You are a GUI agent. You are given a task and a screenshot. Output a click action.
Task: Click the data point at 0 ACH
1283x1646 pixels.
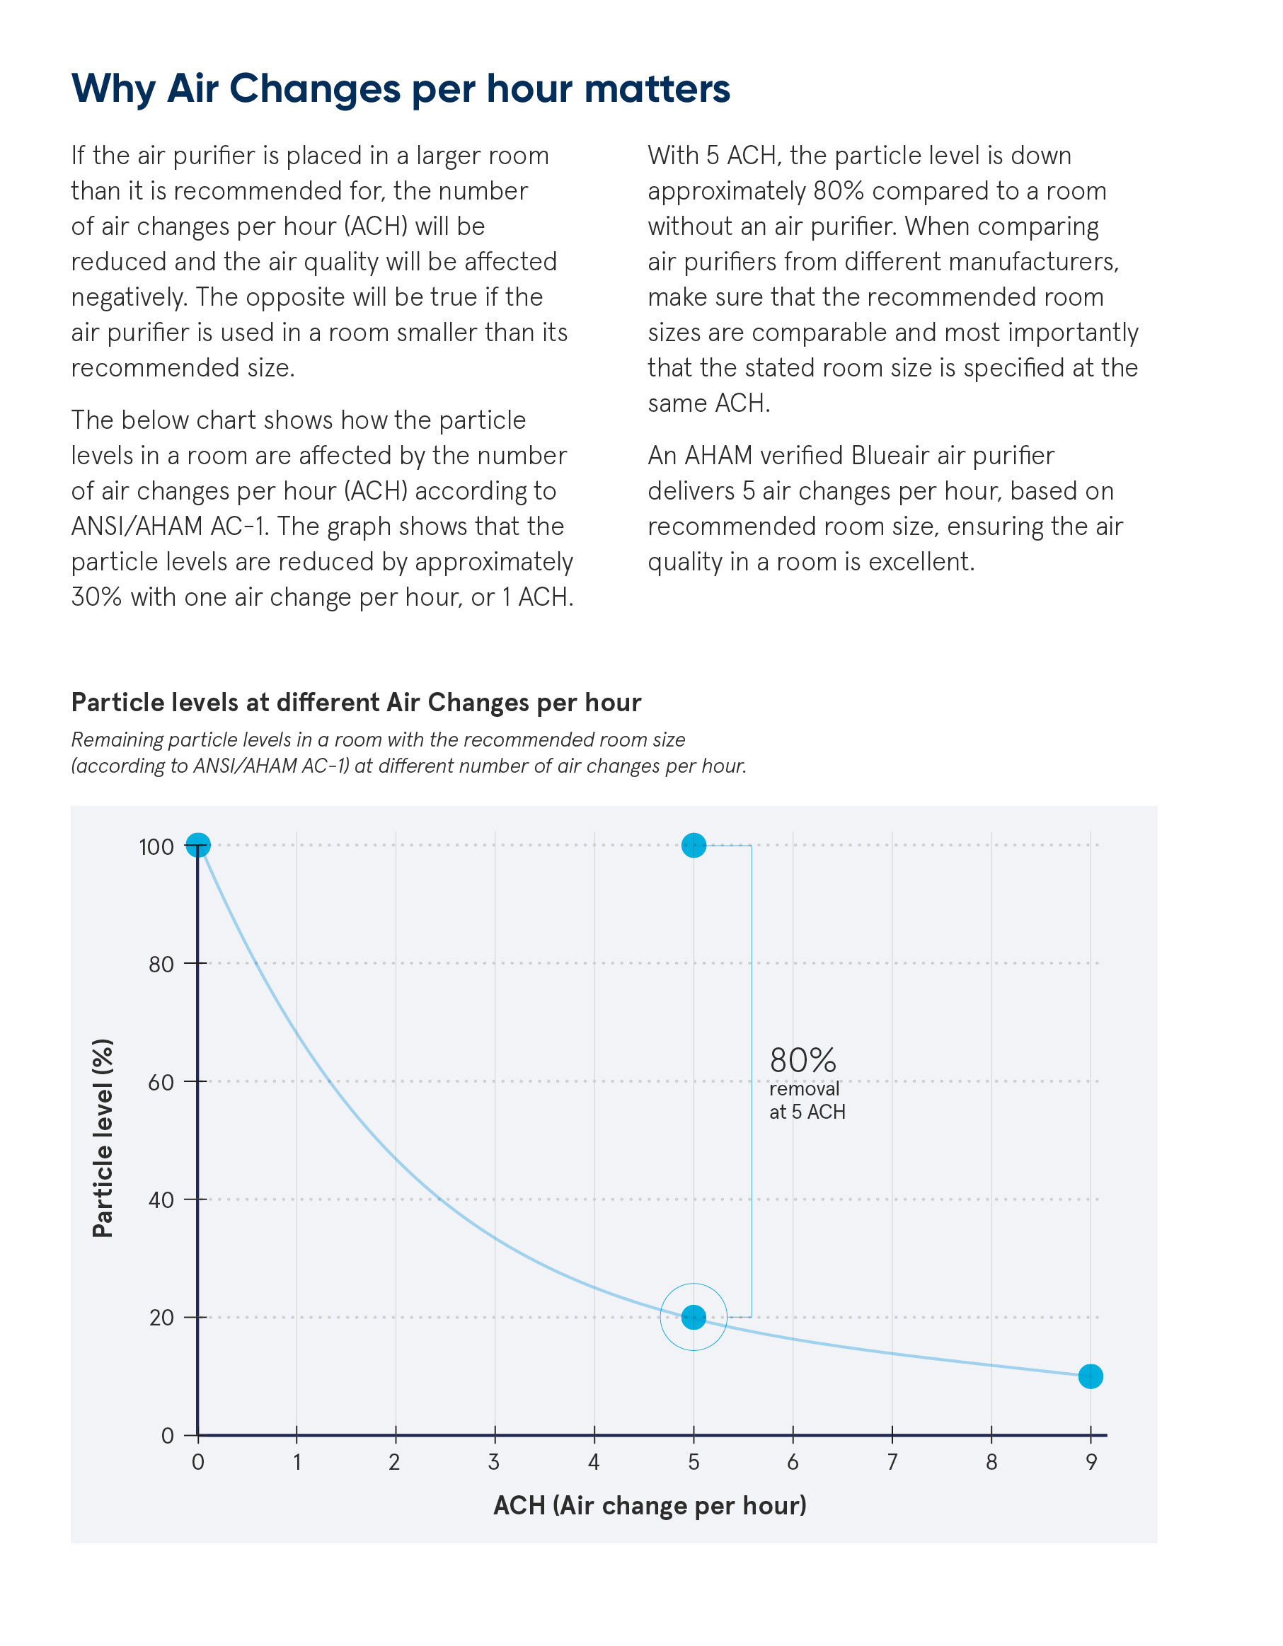[197, 846]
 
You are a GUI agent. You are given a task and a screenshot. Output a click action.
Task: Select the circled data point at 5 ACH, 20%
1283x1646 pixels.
[694, 1317]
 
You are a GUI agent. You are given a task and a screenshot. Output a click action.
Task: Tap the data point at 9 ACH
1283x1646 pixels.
[1090, 1376]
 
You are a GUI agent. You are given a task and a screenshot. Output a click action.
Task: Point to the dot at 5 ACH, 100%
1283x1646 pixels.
[694, 846]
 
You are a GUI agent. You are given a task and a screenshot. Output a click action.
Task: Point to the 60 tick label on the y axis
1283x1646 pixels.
[161, 1082]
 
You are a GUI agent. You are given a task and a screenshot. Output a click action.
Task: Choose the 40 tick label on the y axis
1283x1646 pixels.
[161, 1200]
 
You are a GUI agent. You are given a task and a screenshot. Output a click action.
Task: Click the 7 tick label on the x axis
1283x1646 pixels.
[892, 1462]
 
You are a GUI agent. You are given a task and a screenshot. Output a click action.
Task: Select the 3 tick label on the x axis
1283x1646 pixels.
[494, 1462]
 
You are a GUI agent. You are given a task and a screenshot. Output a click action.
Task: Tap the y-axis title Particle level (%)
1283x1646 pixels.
[103, 1139]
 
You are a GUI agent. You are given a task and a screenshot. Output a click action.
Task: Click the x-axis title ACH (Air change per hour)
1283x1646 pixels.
[650, 1505]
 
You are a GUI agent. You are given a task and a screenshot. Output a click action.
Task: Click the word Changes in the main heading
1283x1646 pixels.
[315, 89]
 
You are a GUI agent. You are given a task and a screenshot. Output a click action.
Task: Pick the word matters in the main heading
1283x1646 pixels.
[657, 89]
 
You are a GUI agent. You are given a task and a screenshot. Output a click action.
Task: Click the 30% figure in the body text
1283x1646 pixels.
[96, 597]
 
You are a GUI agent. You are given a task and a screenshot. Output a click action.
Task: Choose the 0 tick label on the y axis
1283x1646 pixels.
[167, 1436]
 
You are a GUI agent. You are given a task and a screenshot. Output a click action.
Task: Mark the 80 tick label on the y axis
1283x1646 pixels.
[161, 965]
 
